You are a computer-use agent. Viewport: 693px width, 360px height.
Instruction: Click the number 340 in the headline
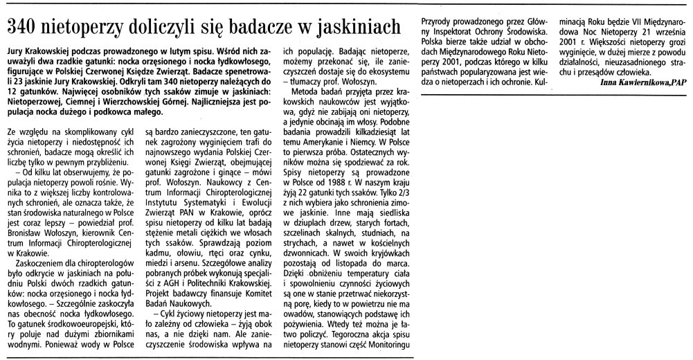tap(26, 28)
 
